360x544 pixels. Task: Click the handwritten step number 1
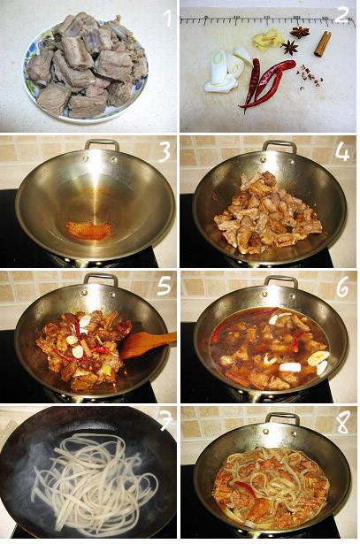tap(167, 18)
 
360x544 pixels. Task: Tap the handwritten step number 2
tap(342, 16)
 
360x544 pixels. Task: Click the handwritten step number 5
tap(164, 287)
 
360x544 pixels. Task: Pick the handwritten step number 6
tap(342, 287)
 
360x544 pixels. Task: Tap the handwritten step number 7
tap(165, 421)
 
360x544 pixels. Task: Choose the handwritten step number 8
tap(342, 422)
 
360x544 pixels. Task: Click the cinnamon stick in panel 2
tap(323, 43)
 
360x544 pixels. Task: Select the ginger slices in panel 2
tap(265, 40)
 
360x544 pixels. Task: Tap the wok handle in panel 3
tap(103, 144)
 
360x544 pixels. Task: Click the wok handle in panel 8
tap(282, 418)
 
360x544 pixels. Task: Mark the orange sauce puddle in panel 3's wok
tap(89, 230)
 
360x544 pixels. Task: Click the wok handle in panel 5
tap(101, 279)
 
